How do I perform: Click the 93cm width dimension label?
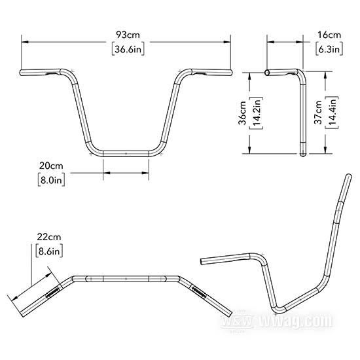coord(128,35)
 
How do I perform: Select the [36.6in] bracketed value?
coord(128,49)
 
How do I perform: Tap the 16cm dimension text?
coord(329,35)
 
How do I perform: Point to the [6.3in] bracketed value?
coord(329,49)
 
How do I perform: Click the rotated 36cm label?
coord(242,113)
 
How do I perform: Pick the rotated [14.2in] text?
coord(256,113)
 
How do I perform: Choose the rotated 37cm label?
coord(318,113)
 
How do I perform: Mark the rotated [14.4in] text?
coord(332,113)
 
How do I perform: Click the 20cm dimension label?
coord(51,166)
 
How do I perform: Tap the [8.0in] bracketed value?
coord(51,180)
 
